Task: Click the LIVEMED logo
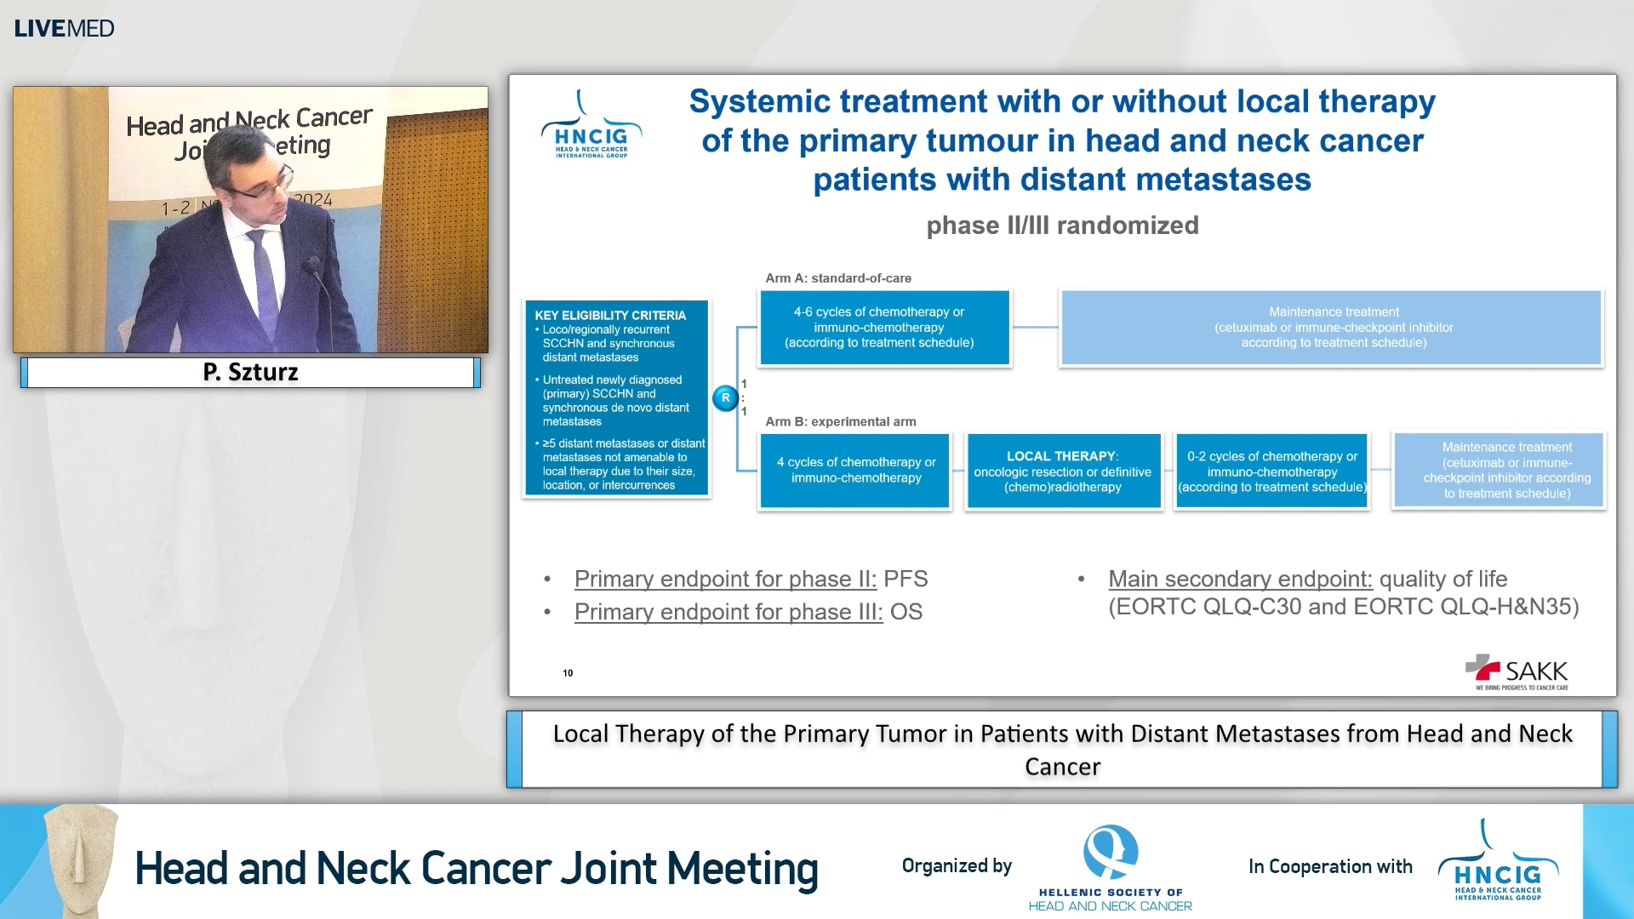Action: click(64, 28)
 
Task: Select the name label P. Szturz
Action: click(250, 372)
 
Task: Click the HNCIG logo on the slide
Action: click(591, 128)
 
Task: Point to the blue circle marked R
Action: click(725, 397)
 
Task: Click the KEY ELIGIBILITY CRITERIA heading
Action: click(609, 315)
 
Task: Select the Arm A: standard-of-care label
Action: click(837, 278)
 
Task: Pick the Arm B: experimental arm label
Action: click(840, 422)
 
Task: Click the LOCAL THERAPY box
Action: click(1062, 471)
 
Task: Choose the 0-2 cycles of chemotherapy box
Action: click(1271, 471)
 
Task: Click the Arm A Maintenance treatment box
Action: click(1332, 328)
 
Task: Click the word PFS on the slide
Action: click(906, 579)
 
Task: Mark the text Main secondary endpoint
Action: click(1239, 579)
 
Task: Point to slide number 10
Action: click(568, 673)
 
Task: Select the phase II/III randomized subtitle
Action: click(1061, 225)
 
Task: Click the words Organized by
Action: click(957, 866)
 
